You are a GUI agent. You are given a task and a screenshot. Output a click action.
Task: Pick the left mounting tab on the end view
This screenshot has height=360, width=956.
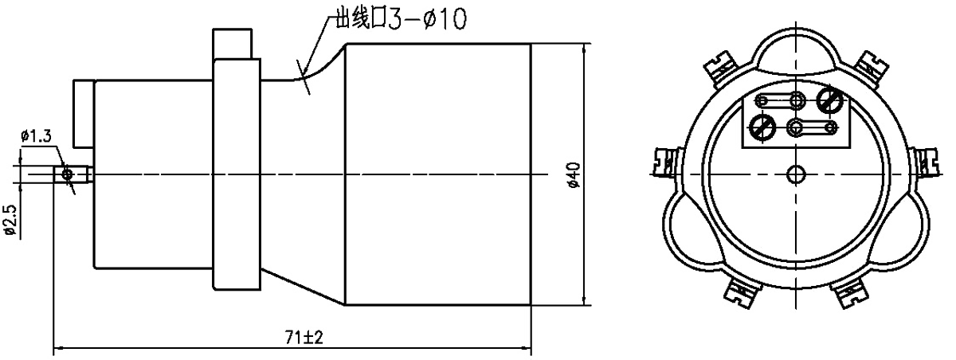click(664, 163)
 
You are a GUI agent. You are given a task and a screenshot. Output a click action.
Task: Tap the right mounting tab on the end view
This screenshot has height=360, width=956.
click(926, 163)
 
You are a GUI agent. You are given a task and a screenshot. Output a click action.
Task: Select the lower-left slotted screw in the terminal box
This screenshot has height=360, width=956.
click(761, 126)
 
